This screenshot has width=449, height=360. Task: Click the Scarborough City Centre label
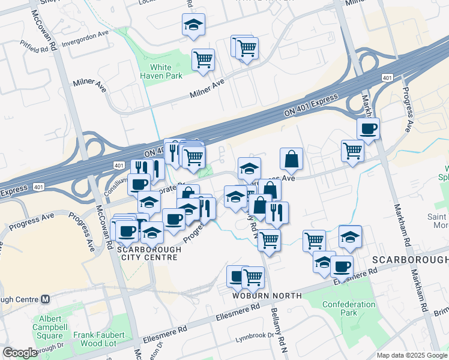(148, 253)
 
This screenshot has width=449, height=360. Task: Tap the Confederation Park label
(349, 308)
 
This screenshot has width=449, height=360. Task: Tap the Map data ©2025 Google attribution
(411, 355)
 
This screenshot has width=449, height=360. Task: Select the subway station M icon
(46, 299)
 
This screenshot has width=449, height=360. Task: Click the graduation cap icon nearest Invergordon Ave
(193, 25)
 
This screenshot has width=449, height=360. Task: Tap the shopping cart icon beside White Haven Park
(203, 59)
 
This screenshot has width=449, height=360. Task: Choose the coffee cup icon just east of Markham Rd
(368, 128)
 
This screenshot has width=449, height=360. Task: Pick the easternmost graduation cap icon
(350, 236)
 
